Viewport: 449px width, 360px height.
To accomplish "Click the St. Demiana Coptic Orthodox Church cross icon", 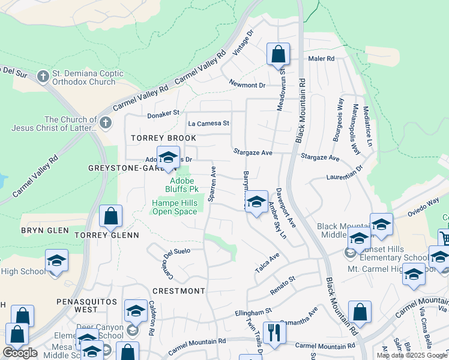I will [x=43, y=77].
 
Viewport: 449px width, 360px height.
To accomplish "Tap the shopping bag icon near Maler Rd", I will [x=279, y=54].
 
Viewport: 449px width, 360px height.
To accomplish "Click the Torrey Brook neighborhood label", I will [x=164, y=138].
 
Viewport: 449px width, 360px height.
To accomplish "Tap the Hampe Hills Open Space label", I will [x=174, y=207].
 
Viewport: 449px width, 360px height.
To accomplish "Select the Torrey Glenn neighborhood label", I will [x=107, y=235].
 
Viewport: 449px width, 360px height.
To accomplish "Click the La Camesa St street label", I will [x=209, y=123].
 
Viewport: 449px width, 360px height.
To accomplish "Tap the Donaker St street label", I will [x=163, y=113].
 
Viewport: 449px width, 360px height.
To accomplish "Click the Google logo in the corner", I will [x=20, y=353].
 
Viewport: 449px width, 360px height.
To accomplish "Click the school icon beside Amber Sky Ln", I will [x=256, y=202].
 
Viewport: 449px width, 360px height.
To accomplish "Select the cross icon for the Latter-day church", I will [x=106, y=123].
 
